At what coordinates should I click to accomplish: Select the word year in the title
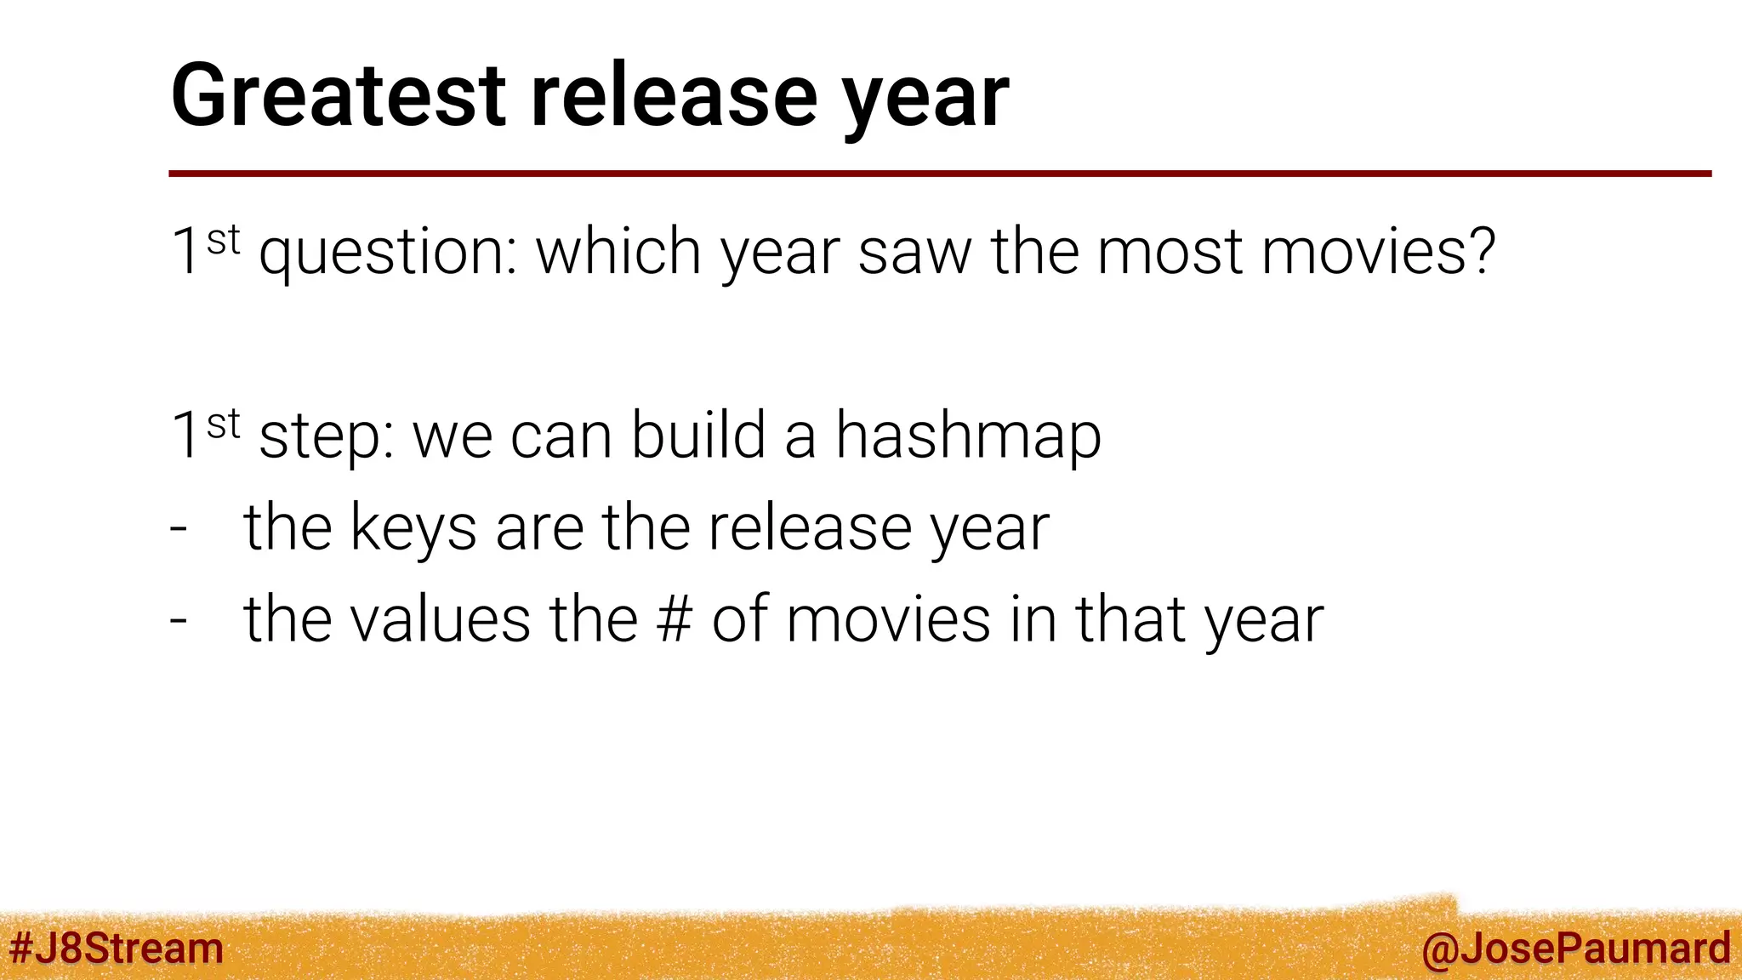[926, 100]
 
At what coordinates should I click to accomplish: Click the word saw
[914, 254]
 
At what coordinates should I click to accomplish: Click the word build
[698, 435]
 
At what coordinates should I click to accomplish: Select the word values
[441, 619]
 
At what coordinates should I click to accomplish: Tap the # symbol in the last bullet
[675, 619]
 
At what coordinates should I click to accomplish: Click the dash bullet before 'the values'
[178, 620]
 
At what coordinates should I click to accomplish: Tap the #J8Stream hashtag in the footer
[116, 948]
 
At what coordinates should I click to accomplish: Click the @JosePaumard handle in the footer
[1575, 949]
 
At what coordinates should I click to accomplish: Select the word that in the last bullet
[1130, 619]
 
